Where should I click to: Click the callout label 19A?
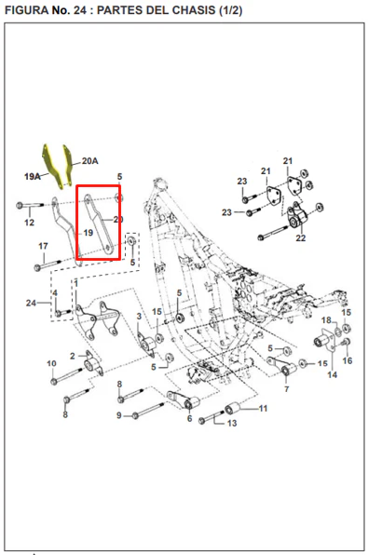(x=33, y=176)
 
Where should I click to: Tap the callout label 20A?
(x=90, y=161)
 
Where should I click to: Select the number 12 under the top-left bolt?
(x=30, y=223)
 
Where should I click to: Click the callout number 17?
(x=43, y=246)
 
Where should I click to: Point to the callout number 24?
(x=31, y=303)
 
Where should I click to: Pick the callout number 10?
(x=52, y=363)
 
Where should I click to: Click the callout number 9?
(x=119, y=415)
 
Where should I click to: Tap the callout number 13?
(x=232, y=423)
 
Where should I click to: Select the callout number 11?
(x=263, y=409)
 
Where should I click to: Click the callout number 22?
(x=301, y=237)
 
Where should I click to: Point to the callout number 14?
(x=333, y=374)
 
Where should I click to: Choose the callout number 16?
(x=348, y=360)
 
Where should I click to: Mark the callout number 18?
(x=326, y=320)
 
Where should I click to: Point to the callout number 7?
(x=287, y=389)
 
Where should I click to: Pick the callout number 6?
(x=189, y=419)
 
